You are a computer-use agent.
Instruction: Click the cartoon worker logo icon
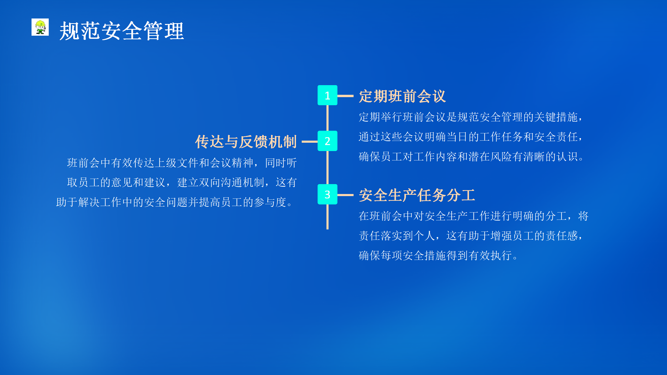40,27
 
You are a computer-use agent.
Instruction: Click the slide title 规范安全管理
122,31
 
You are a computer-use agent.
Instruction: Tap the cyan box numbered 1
328,95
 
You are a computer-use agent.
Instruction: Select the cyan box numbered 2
328,141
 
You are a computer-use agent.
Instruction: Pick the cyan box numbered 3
328,194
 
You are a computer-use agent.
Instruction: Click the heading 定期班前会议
402,96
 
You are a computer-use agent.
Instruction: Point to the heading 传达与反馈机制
246,142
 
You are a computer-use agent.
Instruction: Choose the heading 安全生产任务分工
417,195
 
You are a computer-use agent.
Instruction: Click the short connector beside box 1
345,96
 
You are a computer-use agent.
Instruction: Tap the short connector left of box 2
310,142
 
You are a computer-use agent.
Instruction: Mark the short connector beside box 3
345,195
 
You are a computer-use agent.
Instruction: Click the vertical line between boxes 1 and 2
328,118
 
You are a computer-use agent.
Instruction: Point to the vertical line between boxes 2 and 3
328,167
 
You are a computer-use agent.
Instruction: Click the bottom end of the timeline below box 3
328,229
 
